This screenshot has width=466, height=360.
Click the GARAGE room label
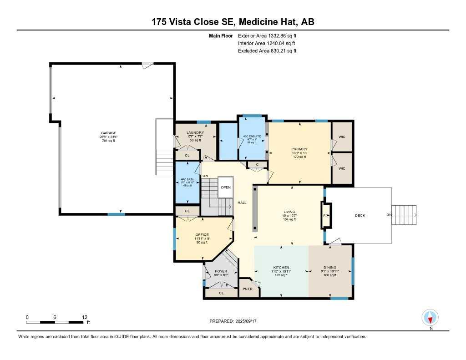[108, 133]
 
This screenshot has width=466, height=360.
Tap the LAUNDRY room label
[195, 132]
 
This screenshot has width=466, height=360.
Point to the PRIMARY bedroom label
[299, 149]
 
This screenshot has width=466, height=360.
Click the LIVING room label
[289, 212]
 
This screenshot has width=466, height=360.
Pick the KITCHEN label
[281, 267]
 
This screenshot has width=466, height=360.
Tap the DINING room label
[330, 267]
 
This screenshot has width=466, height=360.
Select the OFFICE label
[202, 235]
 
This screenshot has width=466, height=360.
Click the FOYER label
[221, 271]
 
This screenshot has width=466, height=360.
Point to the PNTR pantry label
[248, 289]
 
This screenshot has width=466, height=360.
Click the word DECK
[360, 215]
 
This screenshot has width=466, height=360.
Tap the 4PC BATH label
[187, 179]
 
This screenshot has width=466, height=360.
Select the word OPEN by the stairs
[226, 187]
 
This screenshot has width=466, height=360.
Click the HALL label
[242, 203]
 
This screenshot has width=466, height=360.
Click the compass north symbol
[430, 317]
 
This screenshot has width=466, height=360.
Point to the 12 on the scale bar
[85, 317]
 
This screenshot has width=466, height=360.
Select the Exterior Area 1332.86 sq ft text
[270, 35]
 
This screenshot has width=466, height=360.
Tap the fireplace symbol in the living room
[326, 215]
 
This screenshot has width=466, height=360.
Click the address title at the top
[233, 21]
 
